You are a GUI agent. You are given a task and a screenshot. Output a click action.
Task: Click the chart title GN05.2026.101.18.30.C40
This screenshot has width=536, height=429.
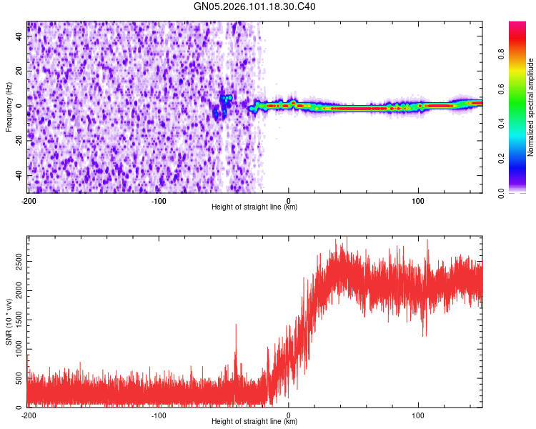click(x=254, y=6)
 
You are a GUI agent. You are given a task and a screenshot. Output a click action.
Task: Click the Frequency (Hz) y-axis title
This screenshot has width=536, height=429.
click(x=9, y=107)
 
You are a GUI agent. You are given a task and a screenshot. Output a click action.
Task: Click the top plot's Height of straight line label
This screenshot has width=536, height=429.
click(x=254, y=207)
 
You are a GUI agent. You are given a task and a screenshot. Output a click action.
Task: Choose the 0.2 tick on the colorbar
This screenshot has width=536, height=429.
click(x=502, y=158)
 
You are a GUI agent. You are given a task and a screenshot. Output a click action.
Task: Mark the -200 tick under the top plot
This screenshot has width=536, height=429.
click(x=29, y=201)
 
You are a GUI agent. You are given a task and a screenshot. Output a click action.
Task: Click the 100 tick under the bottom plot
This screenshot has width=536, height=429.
click(x=418, y=415)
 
